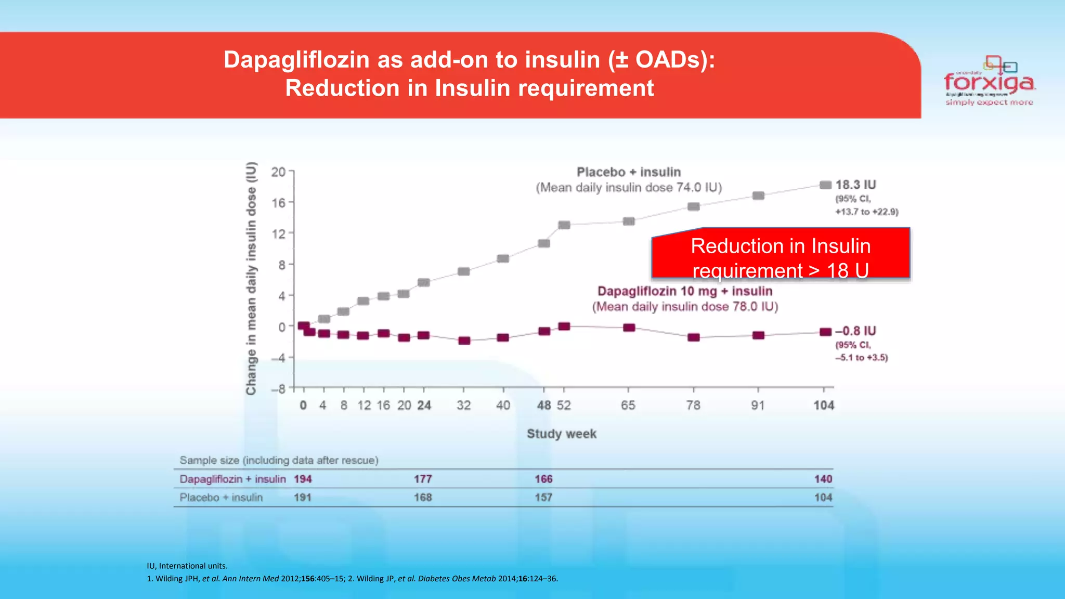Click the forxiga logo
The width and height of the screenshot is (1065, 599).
tap(989, 82)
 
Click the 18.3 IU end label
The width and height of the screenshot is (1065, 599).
tap(855, 185)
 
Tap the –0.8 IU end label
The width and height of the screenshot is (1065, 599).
tap(855, 331)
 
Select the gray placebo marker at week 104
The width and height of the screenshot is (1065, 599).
tap(825, 185)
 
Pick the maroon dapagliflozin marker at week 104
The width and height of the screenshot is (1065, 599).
tap(825, 332)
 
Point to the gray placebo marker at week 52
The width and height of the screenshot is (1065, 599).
tap(564, 225)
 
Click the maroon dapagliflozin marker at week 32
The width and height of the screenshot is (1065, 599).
tap(464, 341)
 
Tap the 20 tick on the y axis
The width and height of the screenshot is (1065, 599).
tap(278, 172)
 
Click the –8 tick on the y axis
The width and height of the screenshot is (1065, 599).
tap(278, 389)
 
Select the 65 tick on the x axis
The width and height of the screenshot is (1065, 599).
tap(628, 406)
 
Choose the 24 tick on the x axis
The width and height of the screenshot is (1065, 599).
tap(424, 406)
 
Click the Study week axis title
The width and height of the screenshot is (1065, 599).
tap(562, 434)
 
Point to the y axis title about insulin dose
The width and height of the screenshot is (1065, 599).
tap(251, 278)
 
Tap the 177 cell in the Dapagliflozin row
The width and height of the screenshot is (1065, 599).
tap(423, 479)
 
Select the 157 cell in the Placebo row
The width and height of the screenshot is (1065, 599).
tap(543, 498)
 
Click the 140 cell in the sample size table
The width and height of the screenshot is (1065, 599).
tap(823, 479)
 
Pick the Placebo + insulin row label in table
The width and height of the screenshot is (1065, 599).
tap(221, 498)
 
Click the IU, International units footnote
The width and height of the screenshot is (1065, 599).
tap(187, 566)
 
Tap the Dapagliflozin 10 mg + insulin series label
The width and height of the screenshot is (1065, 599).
tap(685, 291)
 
